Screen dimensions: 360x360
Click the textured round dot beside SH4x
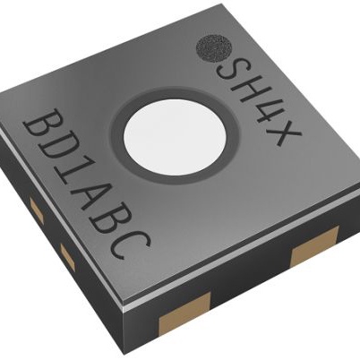[x=213, y=48]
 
